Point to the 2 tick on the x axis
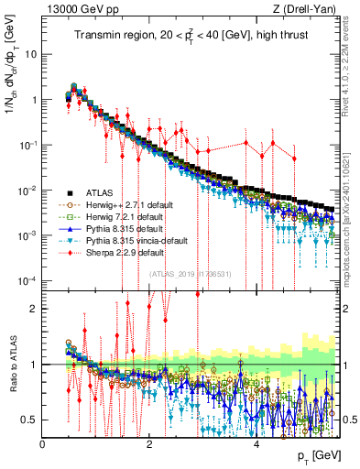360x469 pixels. (x=150, y=444)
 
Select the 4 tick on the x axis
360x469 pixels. (x=256, y=444)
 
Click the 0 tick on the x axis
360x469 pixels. (x=43, y=444)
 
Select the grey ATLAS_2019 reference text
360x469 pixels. (x=190, y=274)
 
